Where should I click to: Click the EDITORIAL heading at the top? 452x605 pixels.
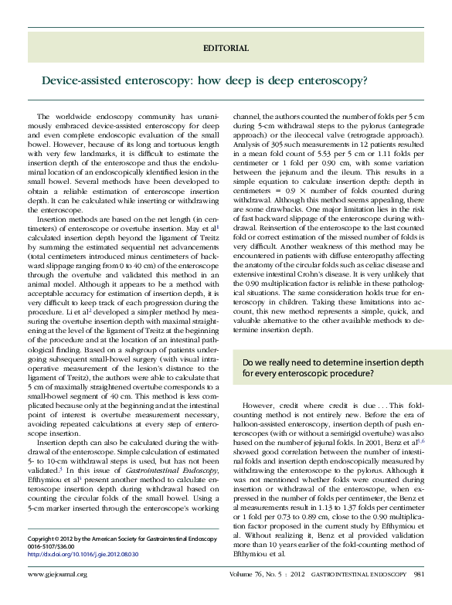coord(226,48)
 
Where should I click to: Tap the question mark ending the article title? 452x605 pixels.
coord(365,80)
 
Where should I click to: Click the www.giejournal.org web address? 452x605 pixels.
coord(57,596)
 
